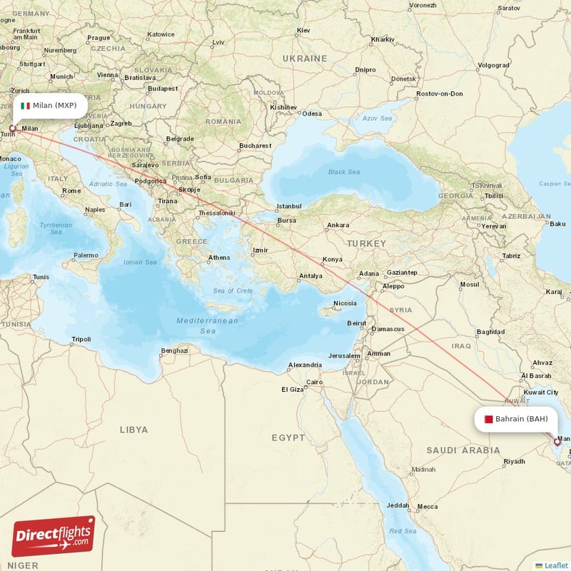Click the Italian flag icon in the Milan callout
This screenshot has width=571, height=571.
(26, 106)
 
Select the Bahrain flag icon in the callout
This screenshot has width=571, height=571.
(488, 419)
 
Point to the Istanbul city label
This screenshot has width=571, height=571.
(290, 206)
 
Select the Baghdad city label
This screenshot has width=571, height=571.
(490, 332)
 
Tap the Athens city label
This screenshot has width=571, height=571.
(219, 258)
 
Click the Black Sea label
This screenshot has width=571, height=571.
(343, 172)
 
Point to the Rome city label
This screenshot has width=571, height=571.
(71, 191)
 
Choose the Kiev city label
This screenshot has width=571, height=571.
(303, 31)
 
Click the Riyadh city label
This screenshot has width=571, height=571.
(514, 462)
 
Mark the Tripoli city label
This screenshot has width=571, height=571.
(81, 339)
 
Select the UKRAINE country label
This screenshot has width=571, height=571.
(304, 58)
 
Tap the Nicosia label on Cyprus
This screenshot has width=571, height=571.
(345, 303)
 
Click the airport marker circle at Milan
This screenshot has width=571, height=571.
(12, 129)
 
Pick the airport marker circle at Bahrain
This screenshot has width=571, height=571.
(557, 442)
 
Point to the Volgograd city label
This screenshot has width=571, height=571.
(493, 65)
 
